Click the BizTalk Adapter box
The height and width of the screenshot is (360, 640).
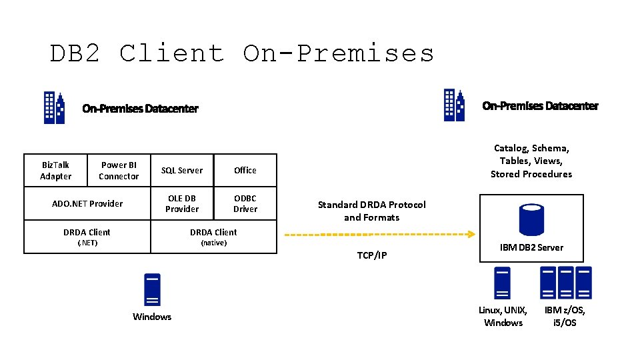pyautogui.click(x=55, y=171)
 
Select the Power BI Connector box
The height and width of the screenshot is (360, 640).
pyautogui.click(x=119, y=171)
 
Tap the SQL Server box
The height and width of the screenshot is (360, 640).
pyautogui.click(x=182, y=171)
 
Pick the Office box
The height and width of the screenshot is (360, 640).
pyautogui.click(x=245, y=171)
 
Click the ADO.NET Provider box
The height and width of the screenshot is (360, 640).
pyautogui.click(x=87, y=204)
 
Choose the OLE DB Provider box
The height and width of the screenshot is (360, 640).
pyautogui.click(x=182, y=204)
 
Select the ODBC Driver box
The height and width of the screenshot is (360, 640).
pyautogui.click(x=245, y=204)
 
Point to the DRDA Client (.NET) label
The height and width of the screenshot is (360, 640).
pyautogui.click(x=87, y=237)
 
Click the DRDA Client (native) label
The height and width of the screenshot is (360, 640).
pyautogui.click(x=213, y=237)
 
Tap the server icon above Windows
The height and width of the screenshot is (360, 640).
pyautogui.click(x=152, y=290)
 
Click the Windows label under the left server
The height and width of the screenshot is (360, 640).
pyautogui.click(x=152, y=317)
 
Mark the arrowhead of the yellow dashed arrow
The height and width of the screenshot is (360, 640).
pyautogui.click(x=471, y=234)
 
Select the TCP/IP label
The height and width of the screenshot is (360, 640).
pyautogui.click(x=371, y=256)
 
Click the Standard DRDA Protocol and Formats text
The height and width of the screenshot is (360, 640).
pyautogui.click(x=371, y=211)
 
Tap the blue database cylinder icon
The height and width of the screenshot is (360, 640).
pyautogui.click(x=531, y=220)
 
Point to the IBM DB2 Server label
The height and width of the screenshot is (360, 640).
pyautogui.click(x=531, y=247)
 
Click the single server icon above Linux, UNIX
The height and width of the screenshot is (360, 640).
pyautogui.click(x=502, y=283)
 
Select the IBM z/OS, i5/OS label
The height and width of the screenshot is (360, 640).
pyautogui.click(x=565, y=317)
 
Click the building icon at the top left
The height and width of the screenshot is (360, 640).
pyautogui.click(x=54, y=107)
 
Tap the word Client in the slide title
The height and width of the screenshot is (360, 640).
pyautogui.click(x=171, y=53)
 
